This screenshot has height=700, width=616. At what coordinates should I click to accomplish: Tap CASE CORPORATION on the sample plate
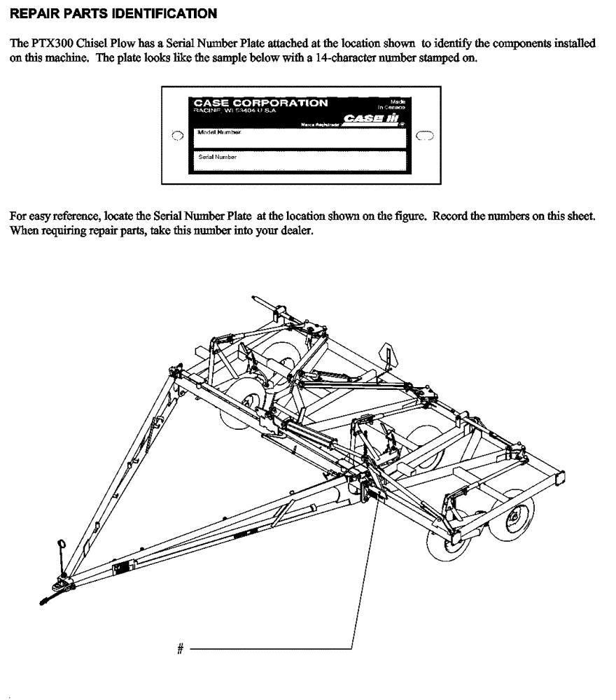click(260, 102)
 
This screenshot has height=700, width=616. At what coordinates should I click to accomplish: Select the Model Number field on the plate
click(300, 138)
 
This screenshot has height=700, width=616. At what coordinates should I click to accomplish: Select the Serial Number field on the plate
click(300, 162)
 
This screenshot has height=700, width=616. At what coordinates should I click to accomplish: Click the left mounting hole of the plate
click(177, 135)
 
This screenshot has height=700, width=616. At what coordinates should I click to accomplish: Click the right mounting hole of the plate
click(424, 135)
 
